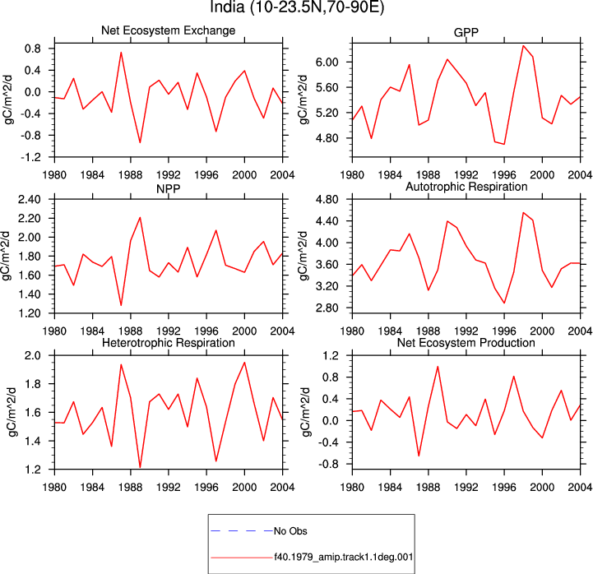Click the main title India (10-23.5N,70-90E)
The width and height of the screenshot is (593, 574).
click(x=297, y=7)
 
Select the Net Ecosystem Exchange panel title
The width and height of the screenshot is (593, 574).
click(x=169, y=30)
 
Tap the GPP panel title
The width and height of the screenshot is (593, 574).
click(x=466, y=33)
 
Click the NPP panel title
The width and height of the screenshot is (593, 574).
click(x=169, y=188)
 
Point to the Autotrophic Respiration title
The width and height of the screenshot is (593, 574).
click(x=466, y=187)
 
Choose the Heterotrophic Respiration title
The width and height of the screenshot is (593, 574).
click(x=169, y=343)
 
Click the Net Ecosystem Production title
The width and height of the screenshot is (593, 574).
click(x=466, y=343)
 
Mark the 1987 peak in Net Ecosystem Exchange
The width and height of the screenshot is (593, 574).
click(x=121, y=53)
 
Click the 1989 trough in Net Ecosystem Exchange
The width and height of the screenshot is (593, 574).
click(x=140, y=142)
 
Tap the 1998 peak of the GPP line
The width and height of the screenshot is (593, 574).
click(x=523, y=46)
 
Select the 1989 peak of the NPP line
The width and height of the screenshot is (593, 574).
click(x=140, y=217)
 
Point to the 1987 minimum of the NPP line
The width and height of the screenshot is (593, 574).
click(x=121, y=305)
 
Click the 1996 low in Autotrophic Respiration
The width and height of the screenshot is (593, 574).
click(x=504, y=303)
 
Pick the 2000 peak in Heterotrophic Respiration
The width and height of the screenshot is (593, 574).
click(x=245, y=363)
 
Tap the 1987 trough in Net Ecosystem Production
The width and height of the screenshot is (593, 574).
click(x=419, y=456)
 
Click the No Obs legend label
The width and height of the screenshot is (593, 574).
click(x=290, y=531)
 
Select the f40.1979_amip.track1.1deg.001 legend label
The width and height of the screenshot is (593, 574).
click(x=344, y=557)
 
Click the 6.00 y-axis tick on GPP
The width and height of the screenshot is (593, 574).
click(x=327, y=62)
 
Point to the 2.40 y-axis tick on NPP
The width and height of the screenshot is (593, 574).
click(x=29, y=199)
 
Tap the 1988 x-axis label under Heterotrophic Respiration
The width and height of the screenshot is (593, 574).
click(x=131, y=487)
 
